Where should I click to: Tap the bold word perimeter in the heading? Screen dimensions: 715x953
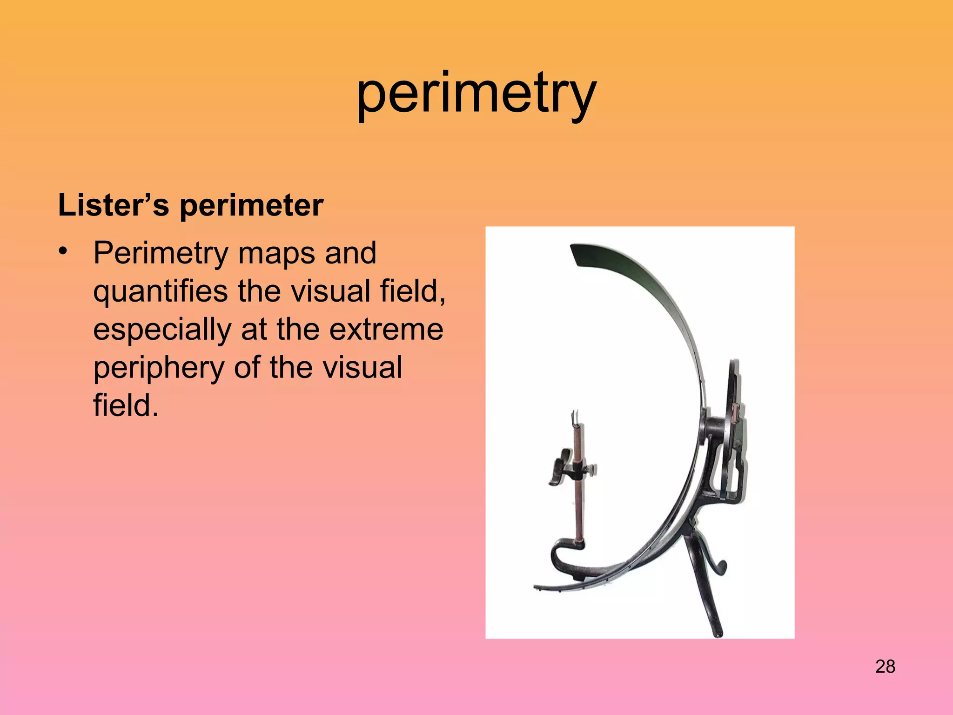tap(251, 206)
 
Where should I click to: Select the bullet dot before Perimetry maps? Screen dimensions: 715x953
tap(63, 252)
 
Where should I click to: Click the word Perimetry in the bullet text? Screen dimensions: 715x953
tap(161, 254)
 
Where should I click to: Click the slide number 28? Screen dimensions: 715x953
tap(885, 667)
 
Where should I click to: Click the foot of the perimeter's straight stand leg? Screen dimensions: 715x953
tap(718, 633)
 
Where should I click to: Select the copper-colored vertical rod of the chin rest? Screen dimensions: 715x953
tap(578, 503)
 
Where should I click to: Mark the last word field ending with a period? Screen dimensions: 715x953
tap(126, 406)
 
